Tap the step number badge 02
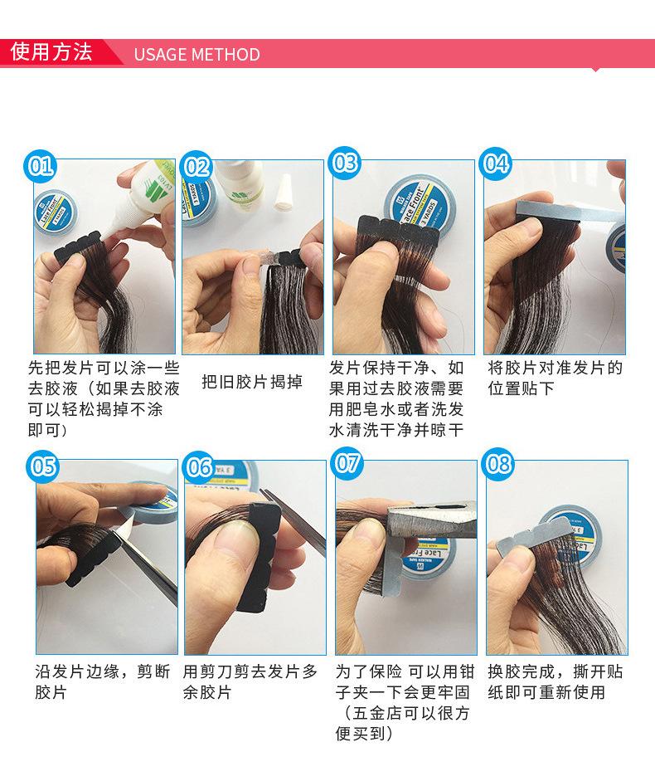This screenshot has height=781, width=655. click(196, 166)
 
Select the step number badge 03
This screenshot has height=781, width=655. click(344, 163)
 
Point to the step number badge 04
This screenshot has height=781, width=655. click(496, 164)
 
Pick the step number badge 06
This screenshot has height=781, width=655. click(199, 466)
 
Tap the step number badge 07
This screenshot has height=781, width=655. click(347, 463)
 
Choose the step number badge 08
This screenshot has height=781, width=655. click(499, 464)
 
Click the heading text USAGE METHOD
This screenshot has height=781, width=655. click(197, 54)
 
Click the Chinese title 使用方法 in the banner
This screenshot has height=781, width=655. click(51, 51)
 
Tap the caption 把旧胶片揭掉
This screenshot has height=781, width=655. click(252, 382)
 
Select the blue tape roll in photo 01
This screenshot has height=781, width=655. click(56, 212)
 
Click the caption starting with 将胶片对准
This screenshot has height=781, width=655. click(556, 378)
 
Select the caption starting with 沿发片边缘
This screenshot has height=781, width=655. click(103, 681)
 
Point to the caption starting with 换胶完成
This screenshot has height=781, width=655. click(556, 681)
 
